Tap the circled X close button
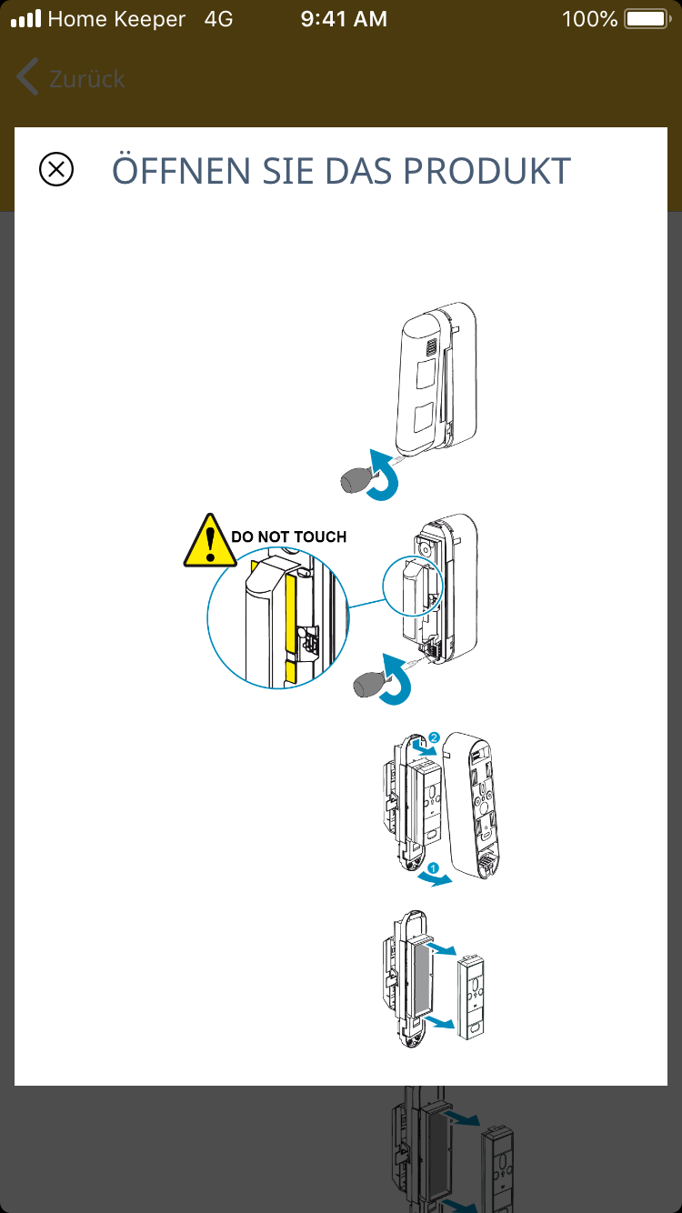coord(56,170)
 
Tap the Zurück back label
coord(87,79)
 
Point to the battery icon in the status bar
coord(647,19)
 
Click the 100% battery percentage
coord(589,19)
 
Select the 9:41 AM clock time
coord(344,19)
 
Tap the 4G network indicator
coord(218,19)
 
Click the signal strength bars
coord(25,19)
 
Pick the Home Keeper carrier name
coord(116,19)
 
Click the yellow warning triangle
coord(210,542)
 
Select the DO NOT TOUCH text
coord(288,537)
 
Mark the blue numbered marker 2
coord(434,737)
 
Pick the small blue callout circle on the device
coord(412,585)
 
